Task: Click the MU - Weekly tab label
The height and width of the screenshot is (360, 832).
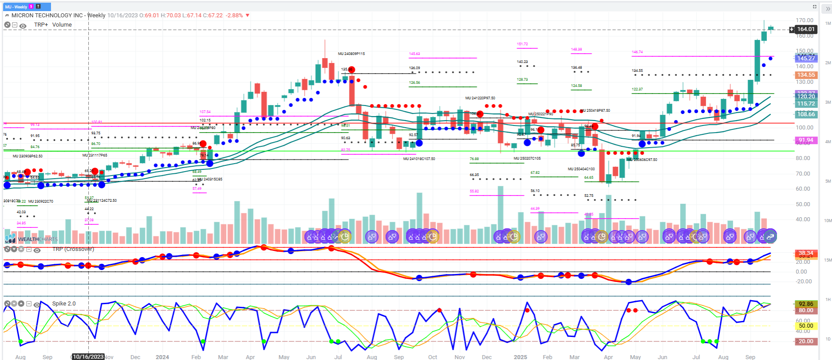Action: tap(16, 7)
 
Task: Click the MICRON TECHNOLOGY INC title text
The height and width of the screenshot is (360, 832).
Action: tap(47, 15)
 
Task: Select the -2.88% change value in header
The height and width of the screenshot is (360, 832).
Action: tap(234, 15)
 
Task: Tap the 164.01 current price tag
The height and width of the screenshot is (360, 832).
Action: tap(805, 29)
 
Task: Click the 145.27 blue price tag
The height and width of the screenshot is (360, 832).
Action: tap(805, 58)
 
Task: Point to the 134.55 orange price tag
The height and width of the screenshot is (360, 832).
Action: tap(805, 75)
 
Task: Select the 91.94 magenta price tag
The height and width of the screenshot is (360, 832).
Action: tap(805, 140)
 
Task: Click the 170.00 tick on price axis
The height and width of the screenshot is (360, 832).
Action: tap(804, 20)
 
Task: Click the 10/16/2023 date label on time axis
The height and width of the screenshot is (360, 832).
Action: tap(88, 356)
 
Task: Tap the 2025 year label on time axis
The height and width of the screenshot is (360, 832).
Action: tap(520, 357)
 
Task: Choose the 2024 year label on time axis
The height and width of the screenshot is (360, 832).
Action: tap(162, 357)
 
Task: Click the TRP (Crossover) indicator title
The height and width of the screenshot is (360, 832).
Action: tap(73, 249)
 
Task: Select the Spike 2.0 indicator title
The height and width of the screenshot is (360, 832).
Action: tap(64, 304)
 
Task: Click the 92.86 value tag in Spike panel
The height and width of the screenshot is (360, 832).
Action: tap(805, 304)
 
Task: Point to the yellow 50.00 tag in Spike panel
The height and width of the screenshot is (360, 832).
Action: tap(805, 326)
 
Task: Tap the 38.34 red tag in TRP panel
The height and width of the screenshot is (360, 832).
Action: tap(805, 253)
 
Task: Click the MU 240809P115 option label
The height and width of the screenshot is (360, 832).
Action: tap(351, 54)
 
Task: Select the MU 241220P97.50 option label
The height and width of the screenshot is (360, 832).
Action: tap(480, 98)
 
